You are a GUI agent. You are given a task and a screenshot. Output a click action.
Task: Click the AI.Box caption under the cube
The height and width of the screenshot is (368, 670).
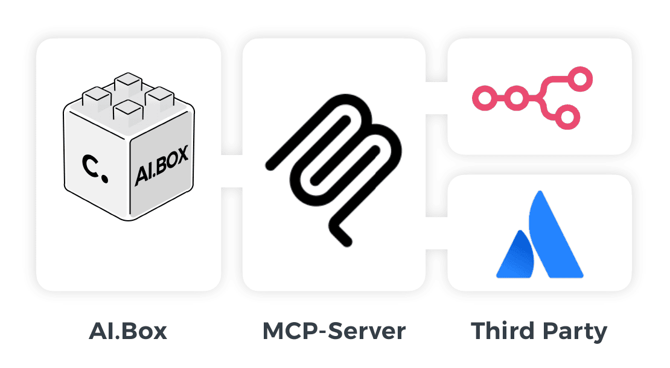[127, 331]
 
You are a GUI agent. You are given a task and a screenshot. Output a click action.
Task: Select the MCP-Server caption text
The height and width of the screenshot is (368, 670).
[334, 331]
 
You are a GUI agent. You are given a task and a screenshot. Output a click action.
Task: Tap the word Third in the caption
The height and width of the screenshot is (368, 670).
[503, 331]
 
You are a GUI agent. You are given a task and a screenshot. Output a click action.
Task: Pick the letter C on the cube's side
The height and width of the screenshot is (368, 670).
[91, 164]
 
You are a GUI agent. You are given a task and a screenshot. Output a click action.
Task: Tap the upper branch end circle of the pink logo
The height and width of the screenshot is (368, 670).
[582, 78]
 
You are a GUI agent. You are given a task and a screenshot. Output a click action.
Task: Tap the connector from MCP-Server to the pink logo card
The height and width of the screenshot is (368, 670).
[436, 97]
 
